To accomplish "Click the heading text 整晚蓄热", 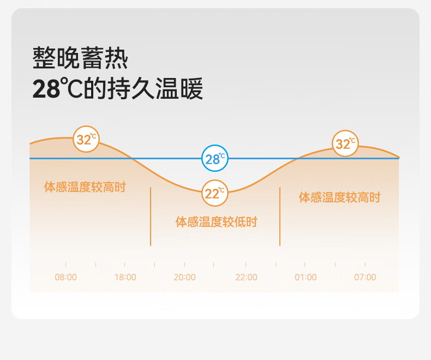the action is point(80,58).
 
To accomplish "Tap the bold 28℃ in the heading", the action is point(50,89).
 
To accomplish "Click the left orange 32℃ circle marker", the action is point(86,139).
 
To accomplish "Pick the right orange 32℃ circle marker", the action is point(345,144).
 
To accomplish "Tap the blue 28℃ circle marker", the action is point(214,159).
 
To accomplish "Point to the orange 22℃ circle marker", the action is point(214,193).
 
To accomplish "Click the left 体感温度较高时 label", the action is point(85,187).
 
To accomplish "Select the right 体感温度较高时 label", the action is point(339,197).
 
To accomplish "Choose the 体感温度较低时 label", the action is point(216,222).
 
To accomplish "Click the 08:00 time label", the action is point(66,277).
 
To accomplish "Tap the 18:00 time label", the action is point(125,277).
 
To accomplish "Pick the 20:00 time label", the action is point(184,277).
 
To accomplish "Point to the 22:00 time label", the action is point(246,277).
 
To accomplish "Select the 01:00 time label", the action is point(306,277).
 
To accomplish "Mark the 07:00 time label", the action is point(365,277).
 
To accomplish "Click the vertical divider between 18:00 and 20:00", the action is point(151,216).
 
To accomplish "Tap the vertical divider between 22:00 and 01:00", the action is point(280,216).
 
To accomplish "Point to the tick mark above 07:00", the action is point(365,265).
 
